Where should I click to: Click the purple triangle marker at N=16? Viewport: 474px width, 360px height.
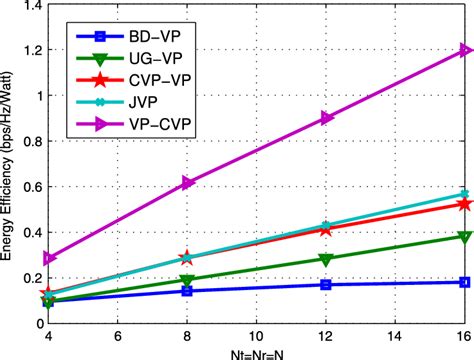point(464,49)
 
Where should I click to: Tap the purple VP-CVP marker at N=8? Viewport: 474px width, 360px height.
point(187,182)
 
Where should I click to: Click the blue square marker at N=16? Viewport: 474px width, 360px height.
point(464,282)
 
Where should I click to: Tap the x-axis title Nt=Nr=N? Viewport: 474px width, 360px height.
point(257,353)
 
